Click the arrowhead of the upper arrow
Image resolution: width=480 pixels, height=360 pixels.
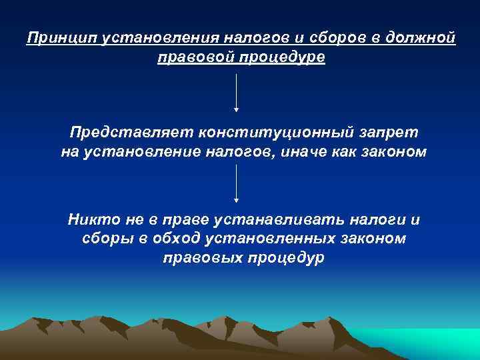237,109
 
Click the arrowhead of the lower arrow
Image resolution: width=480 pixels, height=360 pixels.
237,199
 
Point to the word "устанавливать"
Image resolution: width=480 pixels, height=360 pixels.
272,219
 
